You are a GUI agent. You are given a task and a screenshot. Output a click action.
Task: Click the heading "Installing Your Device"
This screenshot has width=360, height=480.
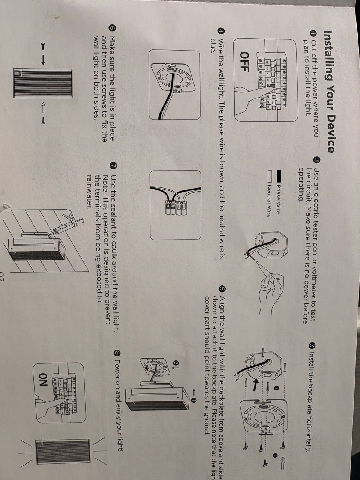(329, 92)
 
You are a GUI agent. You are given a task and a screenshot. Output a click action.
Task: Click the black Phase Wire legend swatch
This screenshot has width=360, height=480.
(278, 176)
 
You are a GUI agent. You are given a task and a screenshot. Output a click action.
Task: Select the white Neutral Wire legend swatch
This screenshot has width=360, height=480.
(270, 176)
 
